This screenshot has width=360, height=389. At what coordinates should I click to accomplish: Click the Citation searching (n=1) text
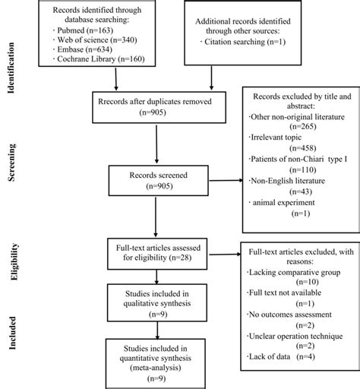[243, 48]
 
